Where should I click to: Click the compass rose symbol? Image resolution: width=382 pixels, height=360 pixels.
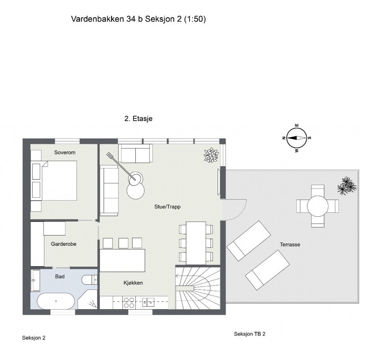(x=296, y=138)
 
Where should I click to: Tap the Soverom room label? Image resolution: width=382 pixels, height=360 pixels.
(x=65, y=153)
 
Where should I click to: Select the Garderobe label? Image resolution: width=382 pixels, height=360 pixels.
(x=62, y=245)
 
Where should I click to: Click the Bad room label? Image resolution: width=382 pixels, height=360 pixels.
(x=60, y=277)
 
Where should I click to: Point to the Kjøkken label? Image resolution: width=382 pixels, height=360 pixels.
(x=133, y=283)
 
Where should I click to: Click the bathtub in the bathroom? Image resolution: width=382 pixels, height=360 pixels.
(x=56, y=301)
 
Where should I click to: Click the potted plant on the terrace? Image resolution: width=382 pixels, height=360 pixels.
(x=346, y=185)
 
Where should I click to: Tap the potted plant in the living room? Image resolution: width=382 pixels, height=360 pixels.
(x=211, y=155)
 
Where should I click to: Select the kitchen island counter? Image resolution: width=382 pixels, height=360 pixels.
(x=123, y=260)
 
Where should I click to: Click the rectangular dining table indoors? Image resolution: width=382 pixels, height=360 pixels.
(x=195, y=242)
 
